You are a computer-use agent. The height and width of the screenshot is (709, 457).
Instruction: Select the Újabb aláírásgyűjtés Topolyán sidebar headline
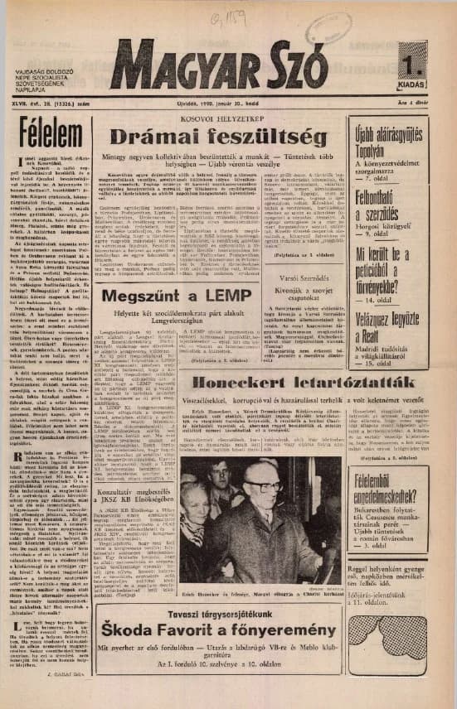(387, 138)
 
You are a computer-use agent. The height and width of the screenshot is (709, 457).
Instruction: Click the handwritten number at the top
(221, 17)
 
